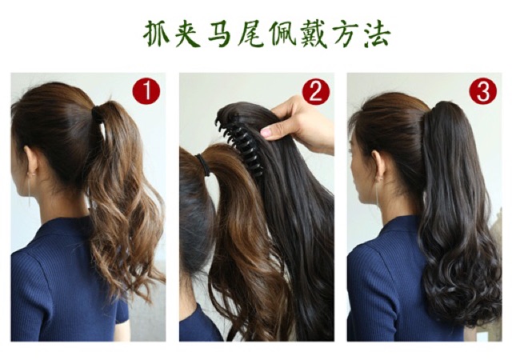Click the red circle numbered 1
(146, 91)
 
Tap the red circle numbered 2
(316, 91)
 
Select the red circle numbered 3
(482, 91)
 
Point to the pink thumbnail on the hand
(266, 132)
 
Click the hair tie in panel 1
(98, 114)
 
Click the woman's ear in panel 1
(31, 161)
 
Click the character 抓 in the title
(156, 34)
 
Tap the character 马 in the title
(219, 34)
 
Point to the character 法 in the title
(378, 34)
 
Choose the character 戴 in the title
(314, 34)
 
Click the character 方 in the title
(346, 34)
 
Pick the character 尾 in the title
(250, 34)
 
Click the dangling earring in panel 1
(29, 191)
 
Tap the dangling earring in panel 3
(378, 193)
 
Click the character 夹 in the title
(187, 34)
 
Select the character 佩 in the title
(282, 34)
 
